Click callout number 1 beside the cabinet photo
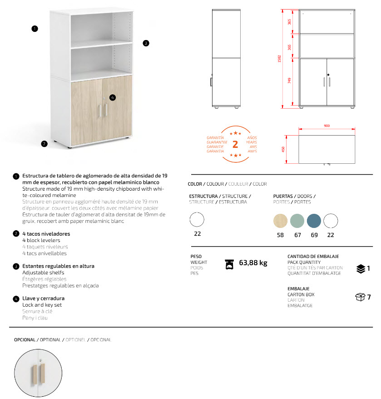(35, 29)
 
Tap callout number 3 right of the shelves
(146, 43)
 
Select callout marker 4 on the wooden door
(112, 97)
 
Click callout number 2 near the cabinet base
(44, 144)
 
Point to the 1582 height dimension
(279, 59)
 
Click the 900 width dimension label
(327, 126)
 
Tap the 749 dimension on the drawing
(289, 81)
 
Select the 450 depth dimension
(283, 149)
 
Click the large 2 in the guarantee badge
(235, 145)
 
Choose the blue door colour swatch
(314, 221)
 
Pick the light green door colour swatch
(297, 221)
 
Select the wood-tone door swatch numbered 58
(281, 221)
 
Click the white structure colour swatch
(197, 220)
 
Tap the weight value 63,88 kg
(253, 263)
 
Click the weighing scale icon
(230, 264)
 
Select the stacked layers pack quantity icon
(361, 268)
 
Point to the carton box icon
(360, 297)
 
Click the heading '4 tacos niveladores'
(46, 234)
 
